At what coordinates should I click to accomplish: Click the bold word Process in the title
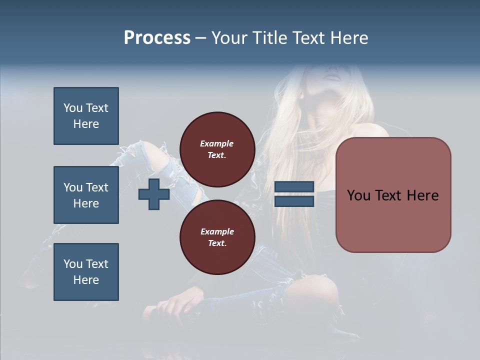157,38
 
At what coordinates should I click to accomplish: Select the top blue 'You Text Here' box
86,116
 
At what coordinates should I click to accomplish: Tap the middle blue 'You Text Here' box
86,195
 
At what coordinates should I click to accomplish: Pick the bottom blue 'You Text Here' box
86,272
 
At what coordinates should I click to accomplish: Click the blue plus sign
154,194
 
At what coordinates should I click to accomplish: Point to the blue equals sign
294,194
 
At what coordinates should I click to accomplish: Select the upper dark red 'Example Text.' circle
217,149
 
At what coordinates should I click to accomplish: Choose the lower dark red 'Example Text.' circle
217,237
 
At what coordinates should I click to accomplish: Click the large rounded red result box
393,195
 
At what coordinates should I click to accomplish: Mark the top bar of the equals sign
294,187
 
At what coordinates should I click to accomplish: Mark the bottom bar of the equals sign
294,201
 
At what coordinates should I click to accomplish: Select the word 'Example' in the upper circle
217,143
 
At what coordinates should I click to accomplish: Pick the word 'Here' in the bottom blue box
86,280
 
